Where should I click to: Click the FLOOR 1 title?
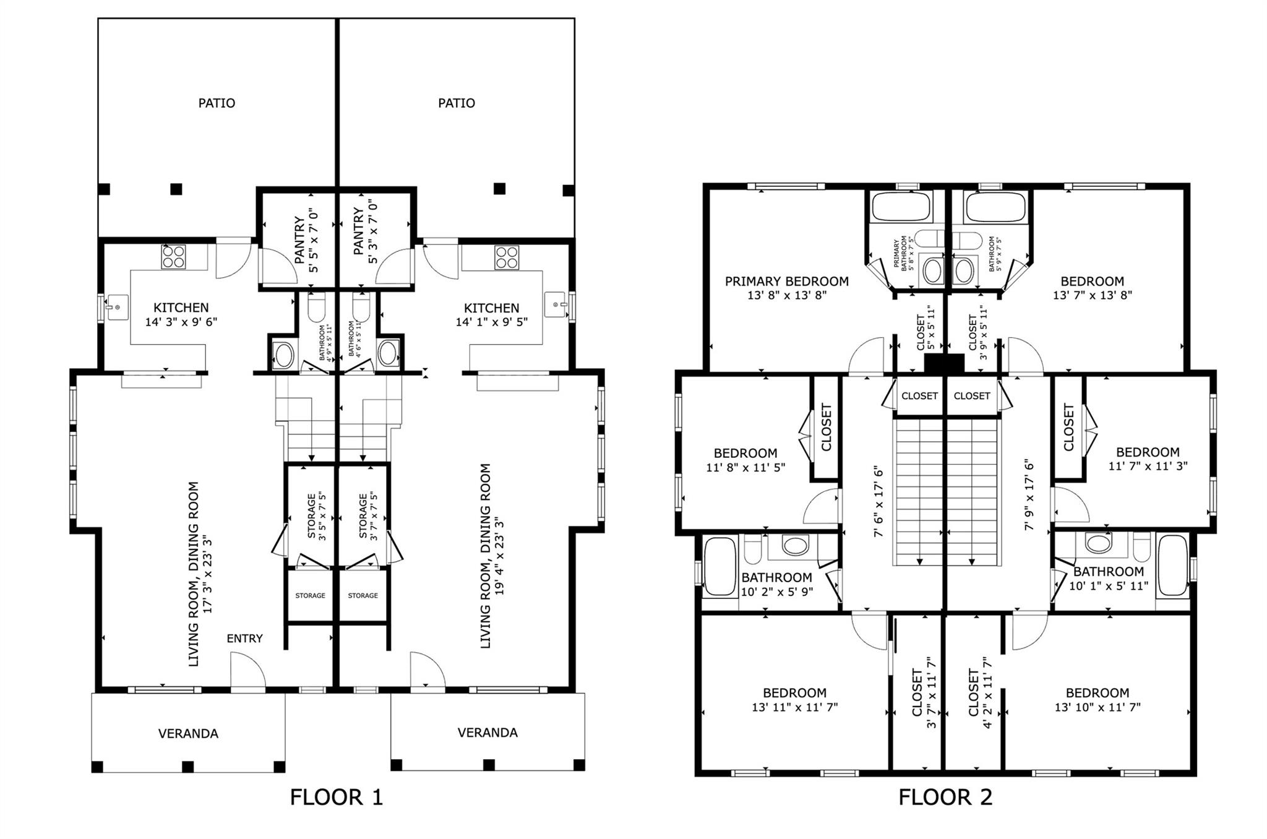tap(337, 797)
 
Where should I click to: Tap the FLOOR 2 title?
tap(945, 797)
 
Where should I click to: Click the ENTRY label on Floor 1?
tap(245, 639)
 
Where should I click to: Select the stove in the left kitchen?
tap(174, 257)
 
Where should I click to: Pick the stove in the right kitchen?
tap(507, 257)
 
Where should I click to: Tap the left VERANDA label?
tap(188, 734)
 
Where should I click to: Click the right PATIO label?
tap(457, 103)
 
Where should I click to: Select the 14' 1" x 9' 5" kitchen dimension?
tap(492, 322)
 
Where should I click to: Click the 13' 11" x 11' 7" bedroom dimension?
tap(795, 707)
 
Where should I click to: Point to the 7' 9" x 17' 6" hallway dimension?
tap(1028, 494)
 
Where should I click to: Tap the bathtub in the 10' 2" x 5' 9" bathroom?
tap(720, 566)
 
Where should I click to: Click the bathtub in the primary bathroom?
tap(901, 207)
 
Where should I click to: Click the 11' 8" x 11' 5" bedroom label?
tap(745, 460)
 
